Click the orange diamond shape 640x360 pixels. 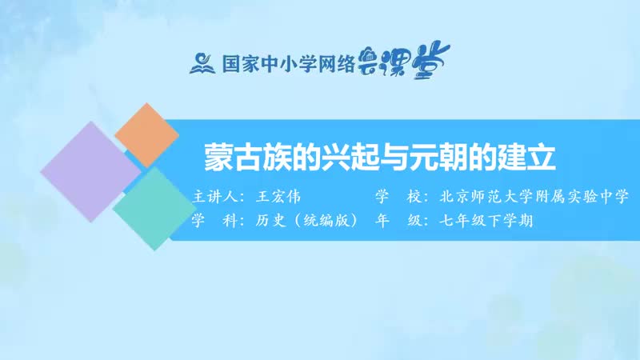146,134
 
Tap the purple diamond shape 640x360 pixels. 90,171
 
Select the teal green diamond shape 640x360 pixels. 152,207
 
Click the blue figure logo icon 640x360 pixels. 200,62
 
